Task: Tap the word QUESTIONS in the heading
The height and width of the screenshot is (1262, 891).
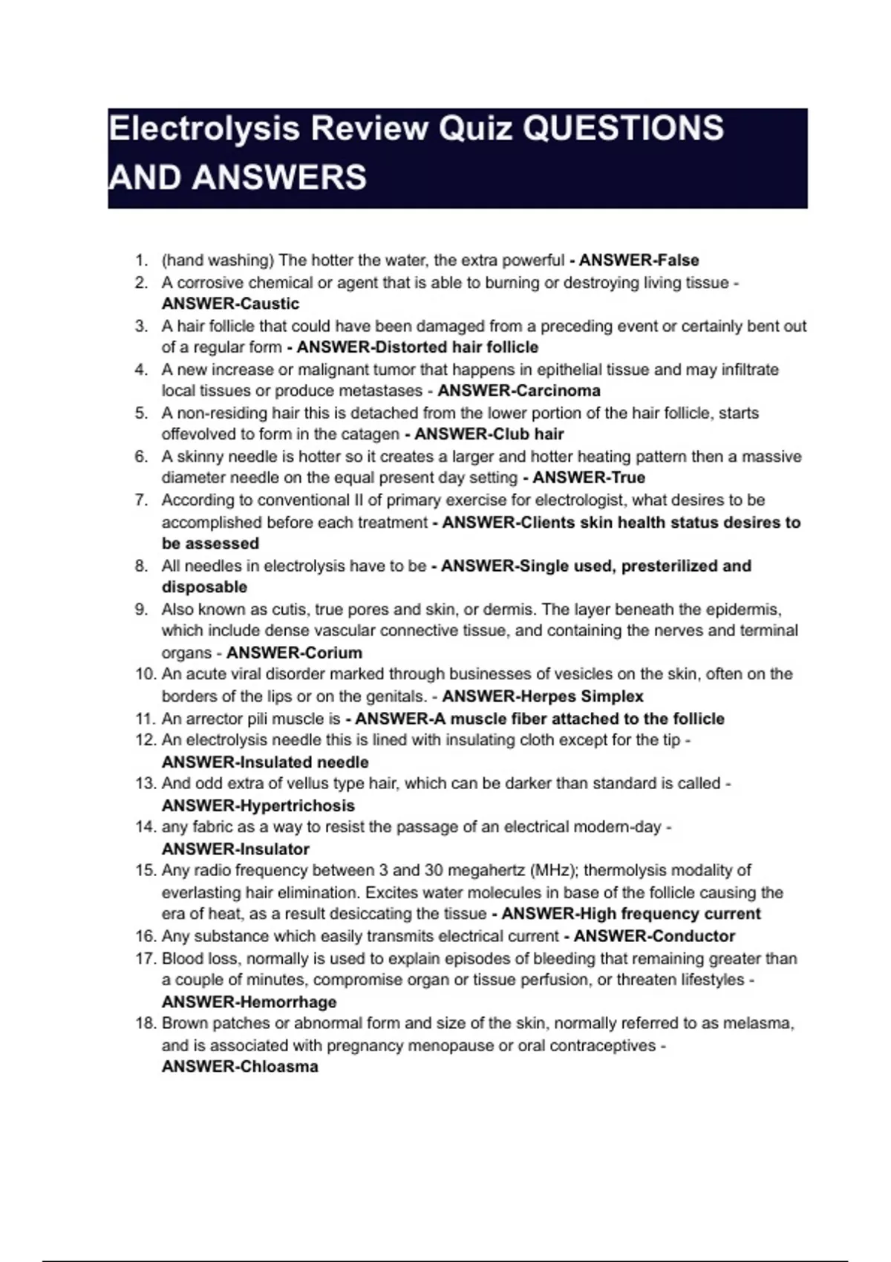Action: [x=623, y=128]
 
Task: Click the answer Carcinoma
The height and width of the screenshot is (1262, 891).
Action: [x=556, y=390]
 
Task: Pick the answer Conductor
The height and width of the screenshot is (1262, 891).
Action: [x=692, y=936]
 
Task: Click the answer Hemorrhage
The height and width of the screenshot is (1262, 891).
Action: [x=288, y=1002]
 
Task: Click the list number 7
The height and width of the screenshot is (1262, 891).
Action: [x=141, y=500]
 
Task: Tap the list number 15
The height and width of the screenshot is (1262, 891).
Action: [x=145, y=870]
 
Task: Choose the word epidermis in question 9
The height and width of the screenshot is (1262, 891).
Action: [x=742, y=609]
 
